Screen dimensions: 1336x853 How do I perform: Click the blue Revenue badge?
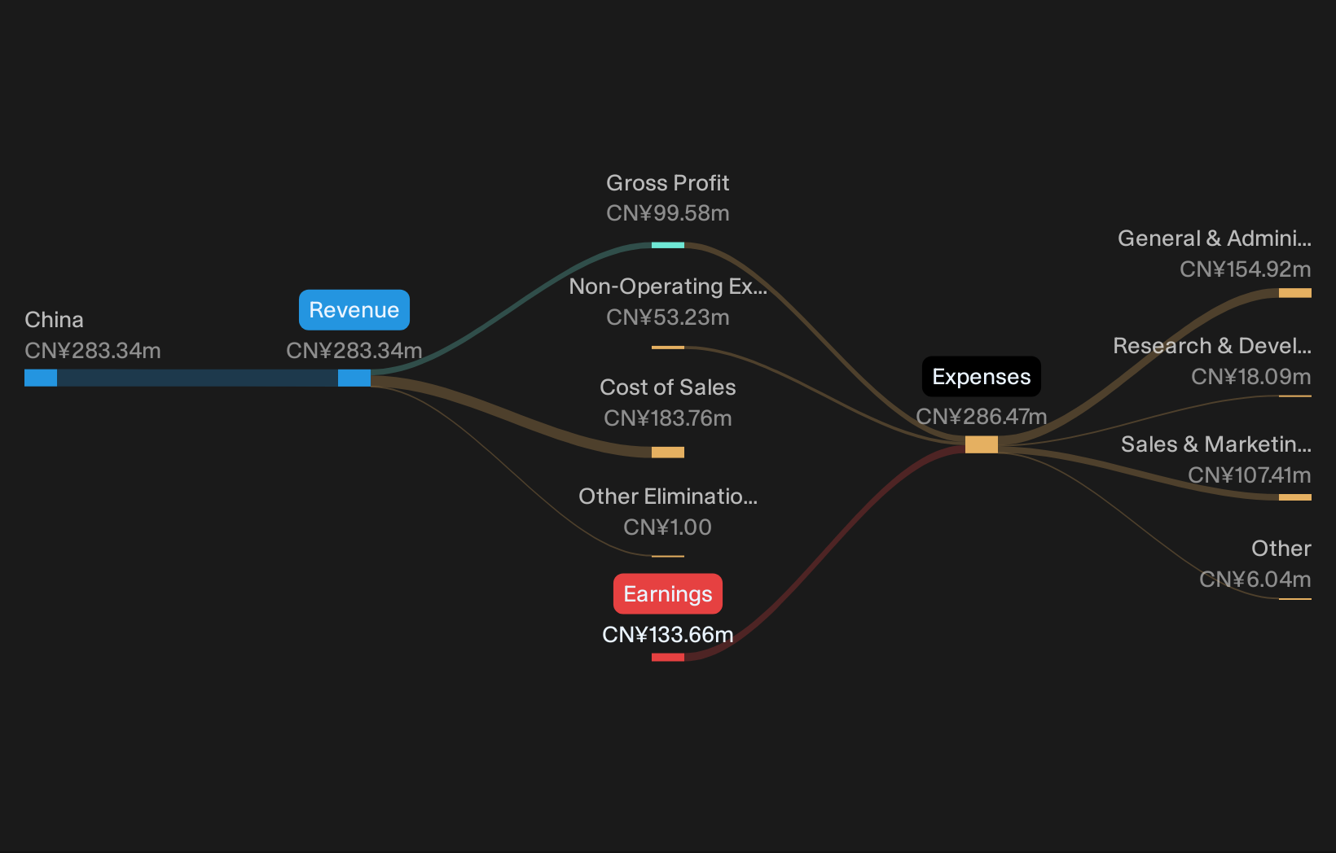[354, 310]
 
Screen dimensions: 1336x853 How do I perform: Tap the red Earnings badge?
[668, 593]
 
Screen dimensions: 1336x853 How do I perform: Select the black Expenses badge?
[982, 377]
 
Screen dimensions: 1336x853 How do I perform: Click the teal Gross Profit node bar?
[668, 245]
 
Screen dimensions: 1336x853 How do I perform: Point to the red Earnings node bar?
[668, 657]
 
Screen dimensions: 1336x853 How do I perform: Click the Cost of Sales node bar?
[668, 453]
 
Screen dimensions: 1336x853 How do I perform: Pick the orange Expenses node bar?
[982, 444]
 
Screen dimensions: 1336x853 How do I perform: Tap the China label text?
[54, 320]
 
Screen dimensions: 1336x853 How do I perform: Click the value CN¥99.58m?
[668, 213]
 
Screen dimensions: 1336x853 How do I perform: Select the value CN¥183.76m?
[668, 418]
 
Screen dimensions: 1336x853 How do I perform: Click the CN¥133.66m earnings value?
[668, 635]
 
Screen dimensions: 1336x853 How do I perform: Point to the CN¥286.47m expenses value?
[982, 417]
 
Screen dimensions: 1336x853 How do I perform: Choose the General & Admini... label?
[1215, 238]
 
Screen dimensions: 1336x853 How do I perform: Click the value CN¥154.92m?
[1246, 269]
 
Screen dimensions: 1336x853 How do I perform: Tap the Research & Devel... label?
[1212, 346]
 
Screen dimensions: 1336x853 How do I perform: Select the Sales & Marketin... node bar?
[1295, 497]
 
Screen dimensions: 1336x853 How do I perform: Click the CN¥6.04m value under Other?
[1255, 580]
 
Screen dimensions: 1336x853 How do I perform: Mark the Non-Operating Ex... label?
[668, 287]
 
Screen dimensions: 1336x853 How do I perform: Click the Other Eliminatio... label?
[668, 496]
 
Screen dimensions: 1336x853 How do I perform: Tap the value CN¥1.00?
[668, 527]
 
